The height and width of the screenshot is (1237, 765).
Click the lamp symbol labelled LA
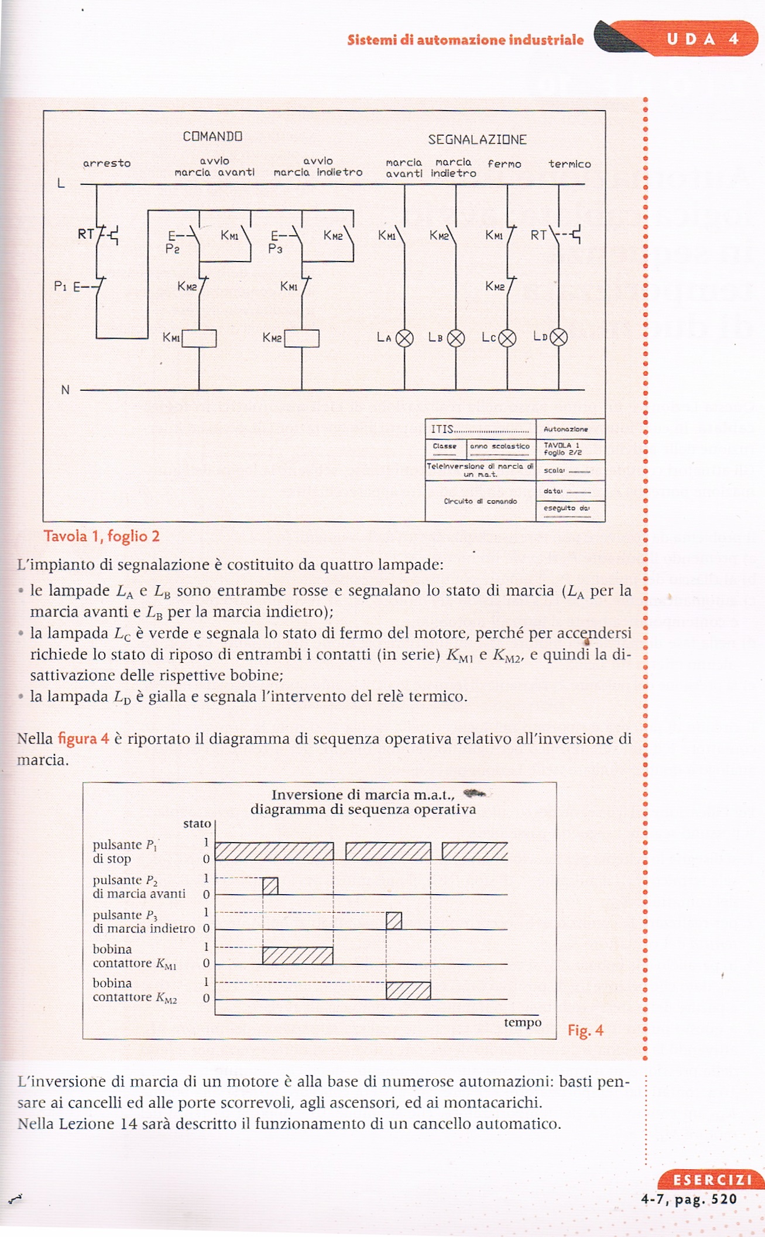click(x=404, y=338)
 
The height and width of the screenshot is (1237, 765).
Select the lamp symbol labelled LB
click(x=456, y=338)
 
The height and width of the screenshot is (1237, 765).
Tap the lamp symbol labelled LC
click(x=507, y=338)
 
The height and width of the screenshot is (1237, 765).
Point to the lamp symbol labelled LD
click(x=559, y=338)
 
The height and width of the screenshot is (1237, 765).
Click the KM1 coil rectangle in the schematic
click(x=199, y=339)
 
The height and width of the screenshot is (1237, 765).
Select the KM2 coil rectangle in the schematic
click(x=302, y=339)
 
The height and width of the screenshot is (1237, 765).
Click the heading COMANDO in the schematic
click(x=212, y=136)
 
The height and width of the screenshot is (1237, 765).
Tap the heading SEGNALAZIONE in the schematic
click(x=477, y=140)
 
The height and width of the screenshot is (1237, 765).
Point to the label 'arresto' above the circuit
click(x=107, y=163)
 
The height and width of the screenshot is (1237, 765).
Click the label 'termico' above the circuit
click(x=570, y=164)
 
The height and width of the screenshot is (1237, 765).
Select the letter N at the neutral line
click(x=65, y=390)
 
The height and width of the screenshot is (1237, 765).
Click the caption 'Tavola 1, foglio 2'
click(x=101, y=536)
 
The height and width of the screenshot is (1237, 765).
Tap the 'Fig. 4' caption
click(x=585, y=1030)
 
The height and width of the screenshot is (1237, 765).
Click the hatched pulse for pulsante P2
click(x=270, y=886)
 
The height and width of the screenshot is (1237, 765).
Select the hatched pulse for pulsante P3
click(x=394, y=920)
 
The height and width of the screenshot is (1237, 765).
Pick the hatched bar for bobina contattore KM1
click(x=297, y=956)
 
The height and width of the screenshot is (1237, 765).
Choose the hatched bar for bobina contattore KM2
click(x=408, y=990)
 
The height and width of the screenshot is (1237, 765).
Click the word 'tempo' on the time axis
click(x=522, y=1022)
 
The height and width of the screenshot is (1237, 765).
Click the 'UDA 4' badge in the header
click(x=702, y=39)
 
